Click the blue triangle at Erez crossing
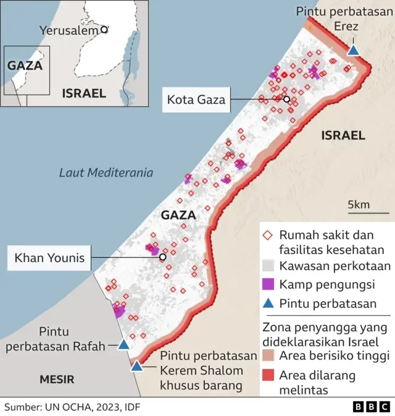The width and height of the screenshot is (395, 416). tap(353, 50)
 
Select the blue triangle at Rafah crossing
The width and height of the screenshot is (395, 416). tap(124, 345)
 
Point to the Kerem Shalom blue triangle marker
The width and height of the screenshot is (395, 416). tap(136, 366)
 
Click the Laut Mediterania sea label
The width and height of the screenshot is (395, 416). tap(106, 173)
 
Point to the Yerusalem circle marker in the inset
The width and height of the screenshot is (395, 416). tap(104, 29)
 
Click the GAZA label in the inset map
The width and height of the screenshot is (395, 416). tap(24, 65)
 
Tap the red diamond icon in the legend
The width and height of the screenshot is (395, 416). tap(268, 236)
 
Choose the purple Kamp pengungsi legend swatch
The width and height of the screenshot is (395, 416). tap(268, 284)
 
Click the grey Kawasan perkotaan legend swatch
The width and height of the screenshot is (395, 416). tap(268, 266)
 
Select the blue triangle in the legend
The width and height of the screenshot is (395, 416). tap(268, 304)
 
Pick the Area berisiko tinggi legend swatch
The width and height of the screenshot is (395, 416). tap(268, 355)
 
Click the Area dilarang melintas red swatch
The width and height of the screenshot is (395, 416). tap(268, 375)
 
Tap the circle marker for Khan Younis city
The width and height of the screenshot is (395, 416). tap(162, 257)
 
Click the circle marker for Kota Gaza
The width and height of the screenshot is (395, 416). tap(286, 99)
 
